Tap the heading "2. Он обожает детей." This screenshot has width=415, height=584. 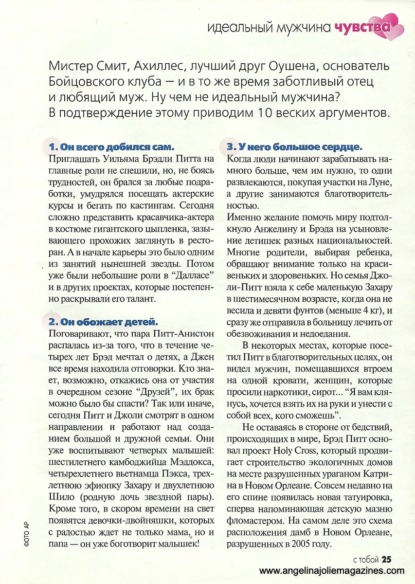[x=103, y=322]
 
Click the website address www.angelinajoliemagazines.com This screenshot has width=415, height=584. [x=332, y=571]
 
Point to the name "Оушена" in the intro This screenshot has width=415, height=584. [x=306, y=66]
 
